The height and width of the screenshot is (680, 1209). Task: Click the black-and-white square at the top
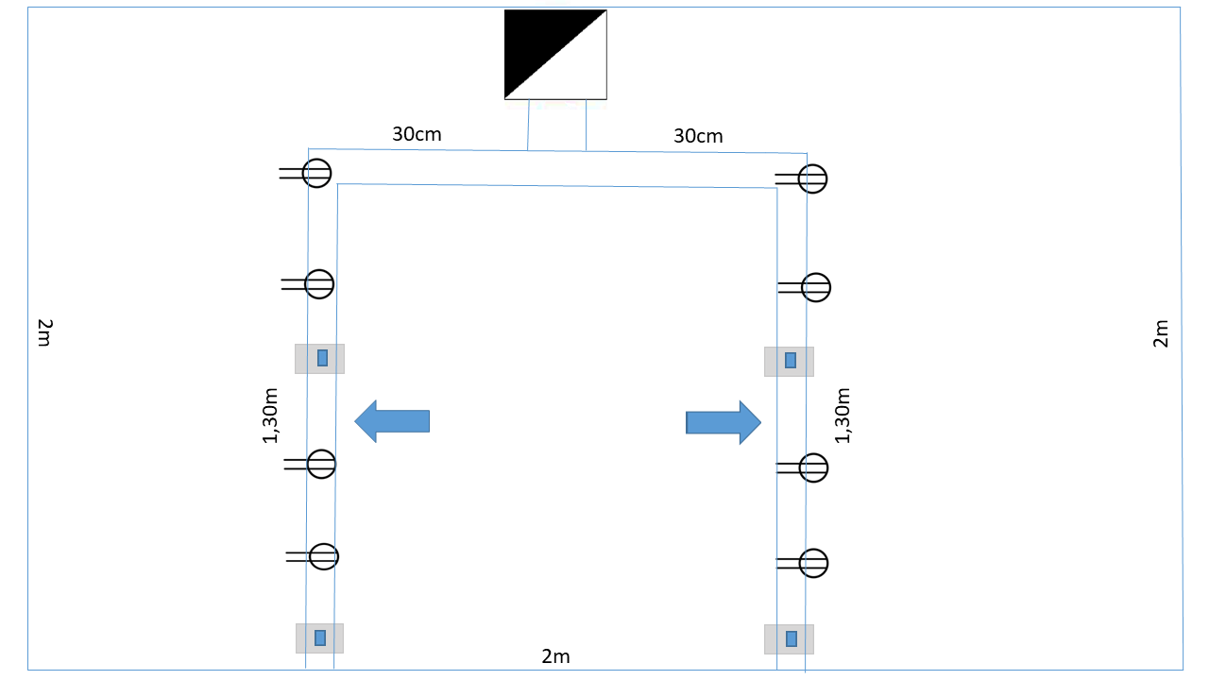click(555, 55)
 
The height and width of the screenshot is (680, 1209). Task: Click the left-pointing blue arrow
click(392, 420)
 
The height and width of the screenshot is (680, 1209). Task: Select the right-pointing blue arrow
click(723, 422)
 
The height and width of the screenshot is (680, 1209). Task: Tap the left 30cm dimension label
click(417, 134)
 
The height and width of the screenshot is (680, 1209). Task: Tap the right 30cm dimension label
click(698, 136)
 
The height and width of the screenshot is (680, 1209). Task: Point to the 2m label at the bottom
click(555, 656)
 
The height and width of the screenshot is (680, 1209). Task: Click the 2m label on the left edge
click(43, 332)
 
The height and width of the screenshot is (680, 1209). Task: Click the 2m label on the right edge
click(1161, 333)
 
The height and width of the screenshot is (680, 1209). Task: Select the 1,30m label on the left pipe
click(271, 416)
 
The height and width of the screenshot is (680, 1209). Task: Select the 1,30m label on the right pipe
click(843, 416)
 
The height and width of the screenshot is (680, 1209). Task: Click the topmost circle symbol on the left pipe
click(317, 173)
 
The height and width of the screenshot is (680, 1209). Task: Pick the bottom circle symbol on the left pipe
click(324, 557)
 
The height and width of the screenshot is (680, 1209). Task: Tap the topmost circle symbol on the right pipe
click(812, 178)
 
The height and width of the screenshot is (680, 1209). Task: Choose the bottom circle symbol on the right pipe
click(813, 563)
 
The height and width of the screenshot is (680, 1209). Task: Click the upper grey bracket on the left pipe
click(319, 359)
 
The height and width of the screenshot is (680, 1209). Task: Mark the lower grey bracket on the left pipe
click(319, 637)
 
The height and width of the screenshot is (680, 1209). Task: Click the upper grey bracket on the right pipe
click(789, 361)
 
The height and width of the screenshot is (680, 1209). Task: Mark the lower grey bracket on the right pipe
click(789, 639)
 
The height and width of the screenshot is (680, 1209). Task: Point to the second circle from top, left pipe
click(319, 283)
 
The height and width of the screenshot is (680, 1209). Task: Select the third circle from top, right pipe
click(813, 467)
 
